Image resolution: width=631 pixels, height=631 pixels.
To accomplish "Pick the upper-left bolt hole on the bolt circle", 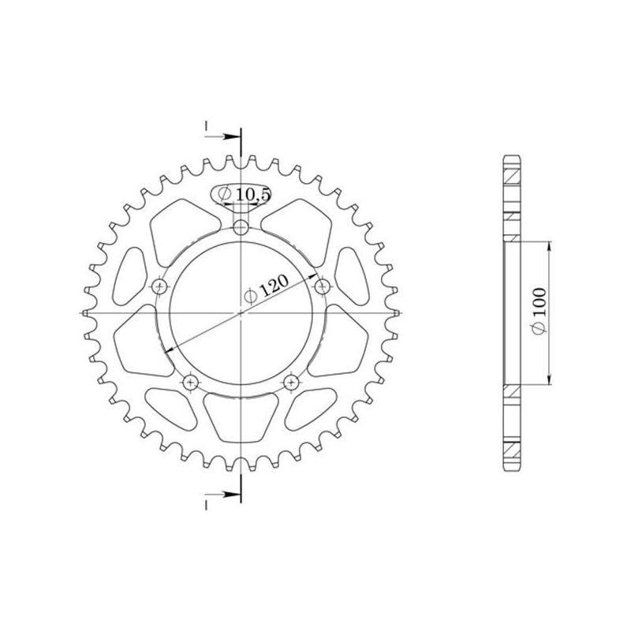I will coord(161,286).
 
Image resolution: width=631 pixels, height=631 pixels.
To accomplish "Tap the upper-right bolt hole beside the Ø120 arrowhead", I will coord(321,286).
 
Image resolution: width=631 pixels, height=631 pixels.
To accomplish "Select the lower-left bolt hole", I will coord(190,383).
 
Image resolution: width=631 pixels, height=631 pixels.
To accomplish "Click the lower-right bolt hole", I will coord(292,383).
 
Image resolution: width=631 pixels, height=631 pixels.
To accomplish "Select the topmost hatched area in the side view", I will coord(512,170).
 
